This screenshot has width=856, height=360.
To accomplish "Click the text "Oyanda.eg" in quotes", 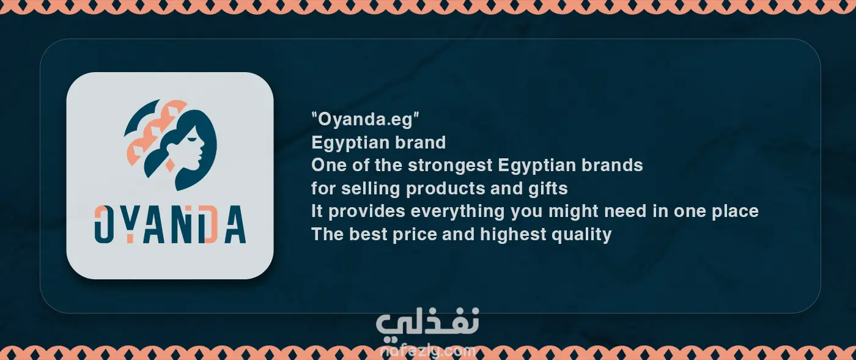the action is point(366,119).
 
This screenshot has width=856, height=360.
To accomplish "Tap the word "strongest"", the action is point(450,166).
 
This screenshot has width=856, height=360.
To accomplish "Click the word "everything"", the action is point(457,211).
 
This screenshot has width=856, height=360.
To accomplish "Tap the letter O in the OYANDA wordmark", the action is point(103,224).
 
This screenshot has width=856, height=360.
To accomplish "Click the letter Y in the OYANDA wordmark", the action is point(130,224).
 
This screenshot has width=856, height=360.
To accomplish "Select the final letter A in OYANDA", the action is point(235,224).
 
